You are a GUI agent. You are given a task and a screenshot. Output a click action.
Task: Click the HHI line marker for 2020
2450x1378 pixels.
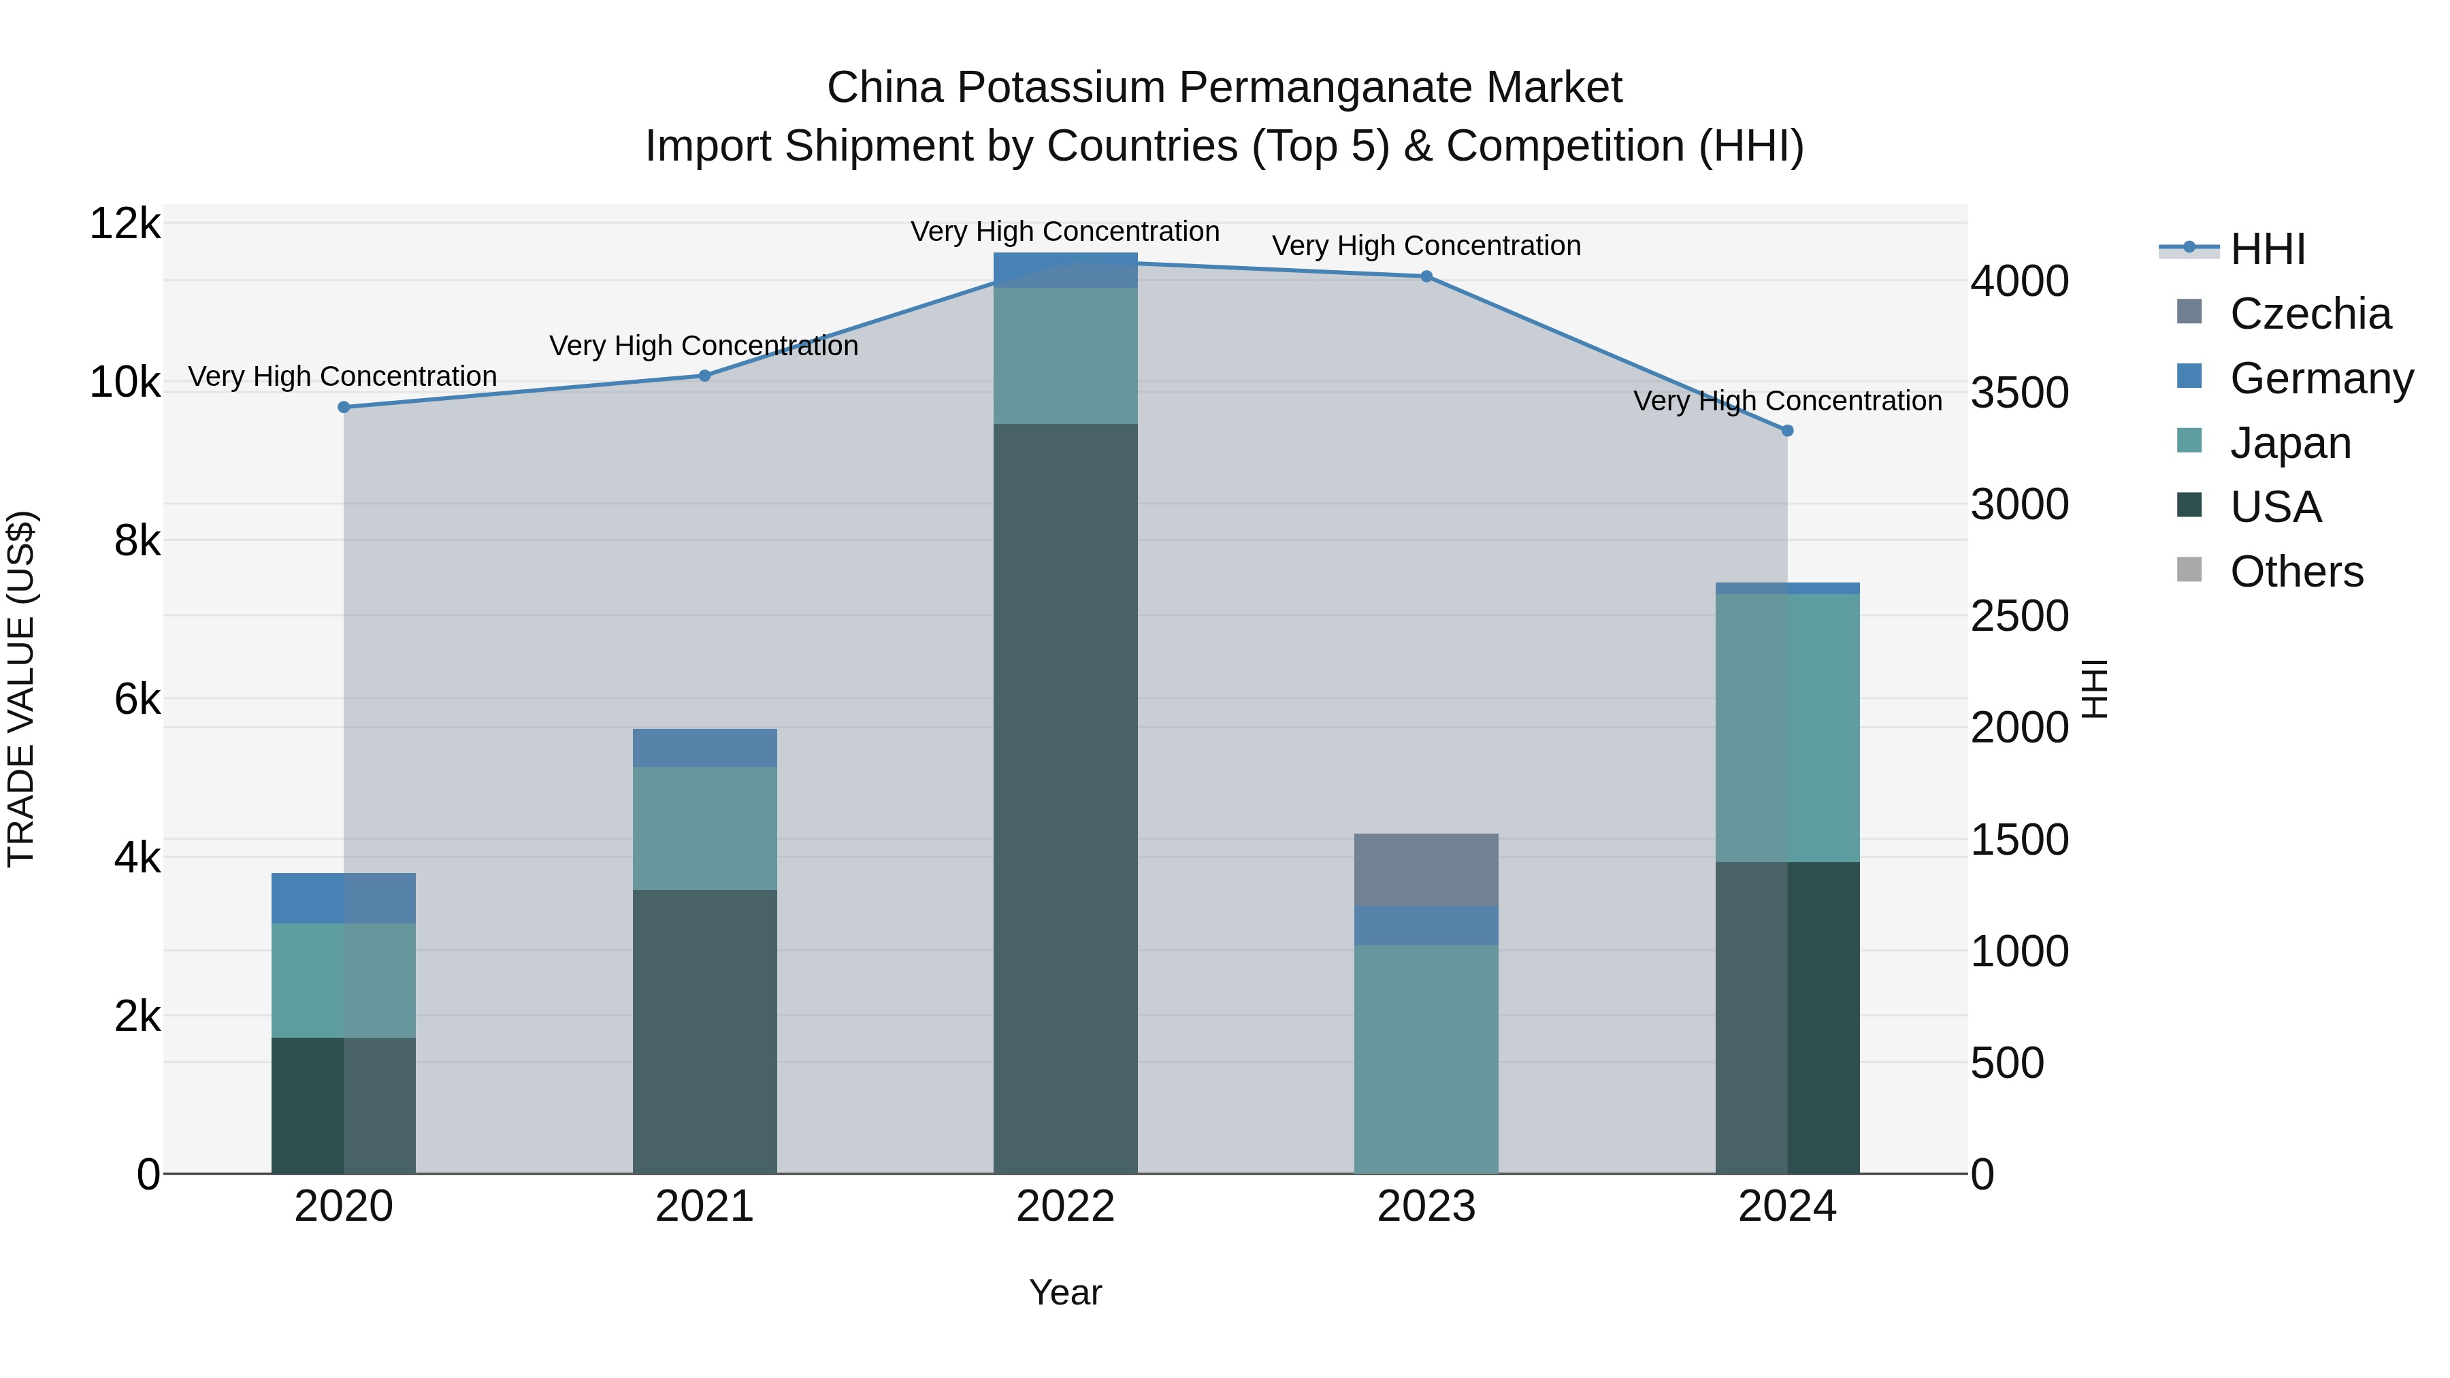pyautogui.click(x=344, y=407)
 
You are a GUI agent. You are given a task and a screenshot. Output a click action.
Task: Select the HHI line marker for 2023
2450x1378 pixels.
pyautogui.click(x=1426, y=277)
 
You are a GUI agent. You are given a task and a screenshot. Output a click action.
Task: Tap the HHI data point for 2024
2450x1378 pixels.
pyautogui.click(x=1787, y=431)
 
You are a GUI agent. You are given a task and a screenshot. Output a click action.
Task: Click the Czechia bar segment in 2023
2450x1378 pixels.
pyautogui.click(x=1426, y=870)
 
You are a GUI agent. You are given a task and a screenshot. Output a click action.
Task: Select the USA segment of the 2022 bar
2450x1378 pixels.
pyautogui.click(x=1065, y=799)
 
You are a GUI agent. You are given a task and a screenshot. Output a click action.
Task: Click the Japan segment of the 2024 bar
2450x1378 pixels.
pyautogui.click(x=1787, y=728)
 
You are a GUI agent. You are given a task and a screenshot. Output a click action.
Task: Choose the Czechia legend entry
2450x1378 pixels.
pyautogui.click(x=2309, y=314)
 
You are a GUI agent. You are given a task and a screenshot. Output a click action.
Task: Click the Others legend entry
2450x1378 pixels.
pyautogui.click(x=2296, y=572)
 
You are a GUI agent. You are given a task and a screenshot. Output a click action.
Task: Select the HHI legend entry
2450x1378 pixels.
pyautogui.click(x=2268, y=249)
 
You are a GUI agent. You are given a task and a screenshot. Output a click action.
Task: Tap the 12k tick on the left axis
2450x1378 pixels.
pyautogui.click(x=125, y=225)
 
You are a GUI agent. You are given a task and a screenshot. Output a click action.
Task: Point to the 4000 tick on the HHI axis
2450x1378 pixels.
pyautogui.click(x=2019, y=282)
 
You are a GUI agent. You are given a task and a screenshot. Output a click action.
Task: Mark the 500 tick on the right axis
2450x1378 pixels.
pyautogui.click(x=2007, y=1063)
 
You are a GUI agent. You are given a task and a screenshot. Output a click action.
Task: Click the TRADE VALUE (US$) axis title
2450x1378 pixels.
pyautogui.click(x=21, y=689)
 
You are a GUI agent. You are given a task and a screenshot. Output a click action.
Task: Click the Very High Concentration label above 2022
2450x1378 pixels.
pyautogui.click(x=1065, y=232)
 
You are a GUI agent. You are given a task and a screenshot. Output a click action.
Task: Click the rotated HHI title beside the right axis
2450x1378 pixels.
pyautogui.click(x=2095, y=689)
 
